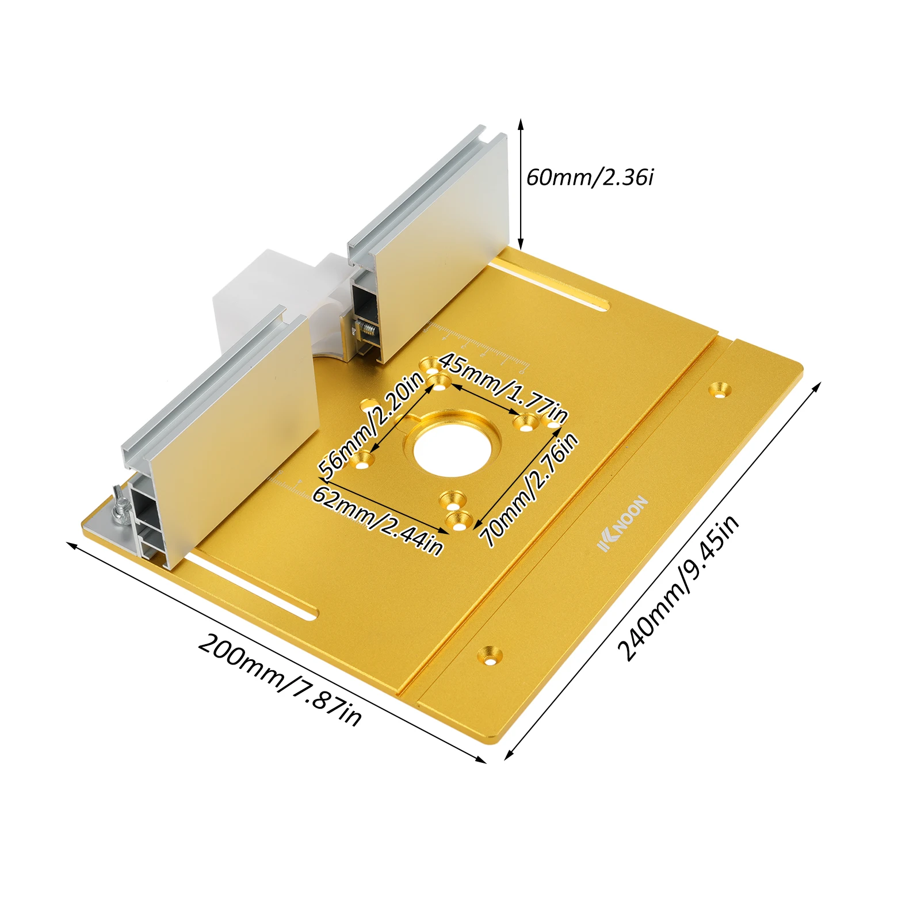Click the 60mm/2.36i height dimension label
[x=590, y=177]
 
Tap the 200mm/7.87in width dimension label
[x=280, y=679]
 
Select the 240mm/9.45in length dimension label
[x=678, y=587]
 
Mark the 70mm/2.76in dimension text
[x=529, y=490]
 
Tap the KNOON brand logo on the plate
[x=623, y=523]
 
